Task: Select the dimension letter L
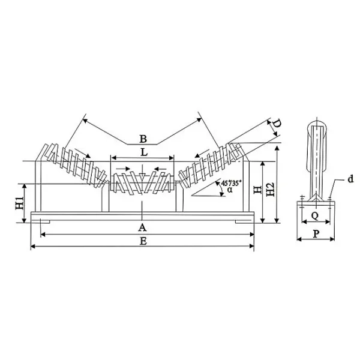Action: tap(143, 152)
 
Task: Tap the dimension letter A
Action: tap(142, 227)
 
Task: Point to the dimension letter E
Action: tap(142, 241)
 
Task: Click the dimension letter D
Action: tap(276, 125)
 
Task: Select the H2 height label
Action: tap(271, 191)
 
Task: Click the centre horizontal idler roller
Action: tap(142, 182)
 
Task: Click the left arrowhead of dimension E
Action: tap(32, 247)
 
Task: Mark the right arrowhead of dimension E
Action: tap(253, 247)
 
